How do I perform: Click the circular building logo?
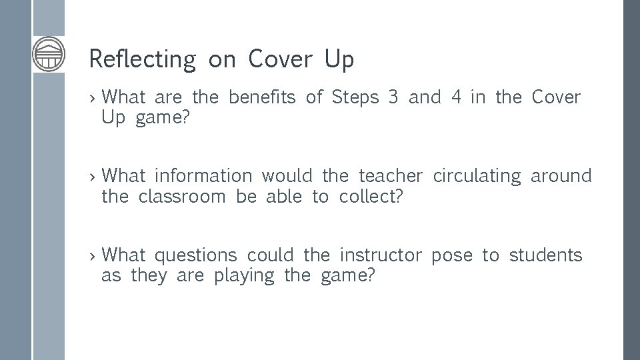49,54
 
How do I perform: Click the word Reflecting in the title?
142,59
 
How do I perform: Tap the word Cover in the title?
280,59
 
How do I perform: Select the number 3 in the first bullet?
393,97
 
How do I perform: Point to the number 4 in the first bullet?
456,97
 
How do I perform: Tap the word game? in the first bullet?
161,119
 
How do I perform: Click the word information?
203,176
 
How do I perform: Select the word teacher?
391,176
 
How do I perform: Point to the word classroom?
182,197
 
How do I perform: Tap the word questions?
195,255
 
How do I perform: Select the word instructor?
381,255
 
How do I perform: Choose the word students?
545,255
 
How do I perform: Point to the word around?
561,176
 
